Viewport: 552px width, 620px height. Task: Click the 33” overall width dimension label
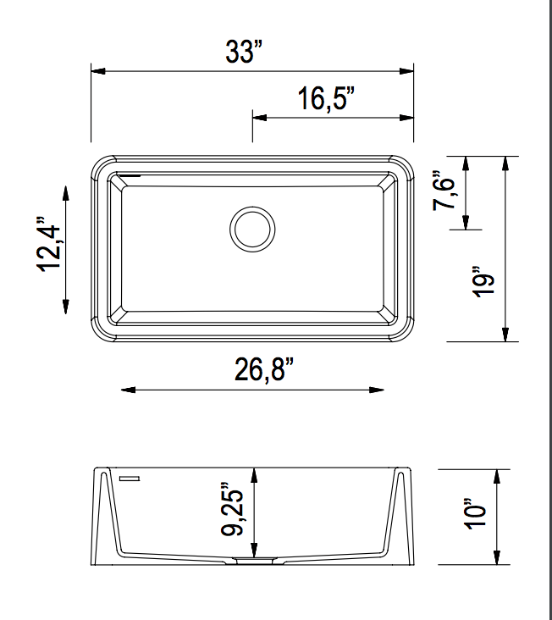point(245,52)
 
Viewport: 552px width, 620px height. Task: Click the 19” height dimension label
point(483,282)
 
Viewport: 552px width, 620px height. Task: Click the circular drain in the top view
point(252,229)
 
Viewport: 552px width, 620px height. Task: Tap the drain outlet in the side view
point(253,560)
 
